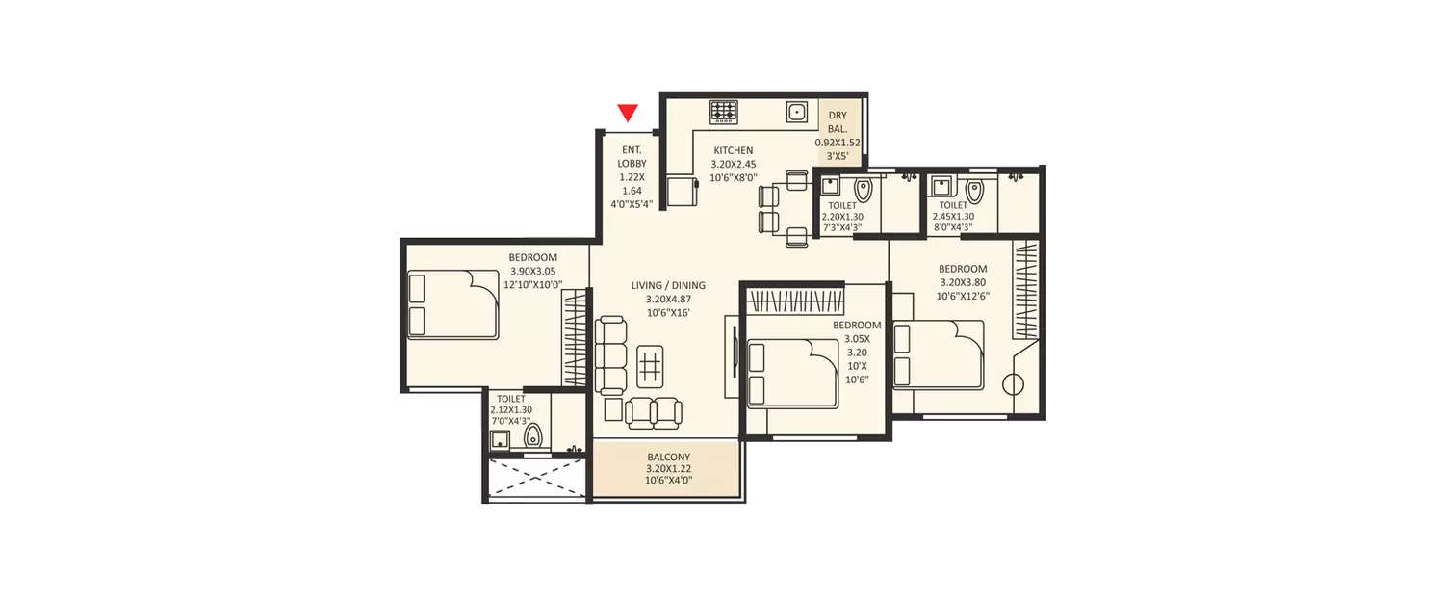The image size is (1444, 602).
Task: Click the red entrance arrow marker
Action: [x=628, y=113]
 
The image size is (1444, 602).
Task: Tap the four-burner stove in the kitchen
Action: [x=724, y=113]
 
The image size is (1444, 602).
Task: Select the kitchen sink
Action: [x=797, y=113]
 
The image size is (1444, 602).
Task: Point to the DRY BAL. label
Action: [x=838, y=121]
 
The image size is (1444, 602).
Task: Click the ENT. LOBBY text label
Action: [x=632, y=156]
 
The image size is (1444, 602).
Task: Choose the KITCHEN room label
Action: [x=733, y=151]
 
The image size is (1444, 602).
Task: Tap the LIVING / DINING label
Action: [x=668, y=286]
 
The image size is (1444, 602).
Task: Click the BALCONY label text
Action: [x=668, y=457]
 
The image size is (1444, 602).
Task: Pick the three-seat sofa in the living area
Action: [x=610, y=354]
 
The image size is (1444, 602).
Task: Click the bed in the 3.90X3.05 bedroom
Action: [x=452, y=304]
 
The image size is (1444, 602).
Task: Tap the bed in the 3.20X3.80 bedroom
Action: [x=939, y=355]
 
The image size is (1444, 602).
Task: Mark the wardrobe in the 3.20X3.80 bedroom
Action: [x=1025, y=289]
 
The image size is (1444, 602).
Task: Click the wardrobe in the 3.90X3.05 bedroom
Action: [x=575, y=337]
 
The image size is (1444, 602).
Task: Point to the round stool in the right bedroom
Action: [x=1012, y=383]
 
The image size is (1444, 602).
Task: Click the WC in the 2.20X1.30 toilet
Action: [x=863, y=191]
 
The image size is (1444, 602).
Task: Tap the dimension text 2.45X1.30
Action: [x=953, y=217]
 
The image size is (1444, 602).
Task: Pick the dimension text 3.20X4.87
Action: [x=668, y=300]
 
